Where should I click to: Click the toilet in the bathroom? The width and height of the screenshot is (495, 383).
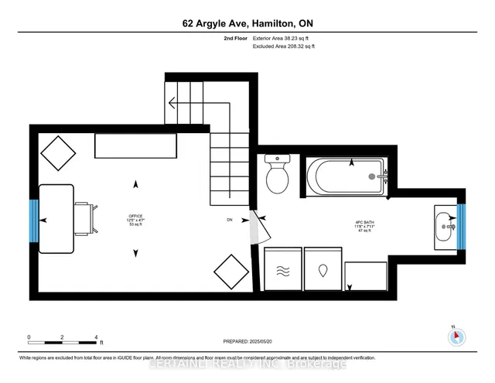pos(277,174)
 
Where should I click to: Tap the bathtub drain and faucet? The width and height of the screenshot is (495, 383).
pos(375,176)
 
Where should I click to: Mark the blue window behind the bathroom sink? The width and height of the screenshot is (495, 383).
pos(461,227)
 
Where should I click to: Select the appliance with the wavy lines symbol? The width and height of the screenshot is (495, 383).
pos(282,271)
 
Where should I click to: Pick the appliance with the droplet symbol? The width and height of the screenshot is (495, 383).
pos(323,271)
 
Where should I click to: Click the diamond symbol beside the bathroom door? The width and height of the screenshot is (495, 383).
pos(231,272)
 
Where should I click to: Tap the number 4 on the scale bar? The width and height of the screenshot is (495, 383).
pos(96,337)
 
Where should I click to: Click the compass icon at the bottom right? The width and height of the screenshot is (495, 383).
pos(457,336)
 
